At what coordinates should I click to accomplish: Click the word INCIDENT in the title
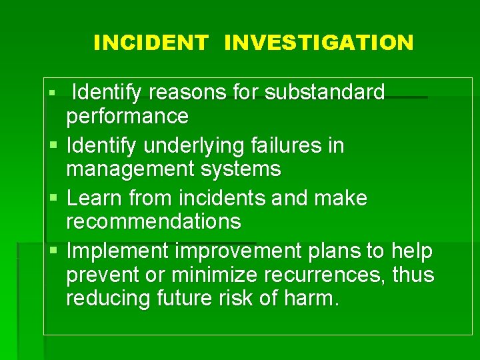click(x=151, y=43)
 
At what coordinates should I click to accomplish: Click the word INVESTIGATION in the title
click(x=319, y=43)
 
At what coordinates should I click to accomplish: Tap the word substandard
click(x=325, y=92)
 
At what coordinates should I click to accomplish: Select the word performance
click(x=127, y=117)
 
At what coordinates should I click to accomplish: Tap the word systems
click(x=244, y=169)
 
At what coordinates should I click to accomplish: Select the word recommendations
click(x=153, y=221)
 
